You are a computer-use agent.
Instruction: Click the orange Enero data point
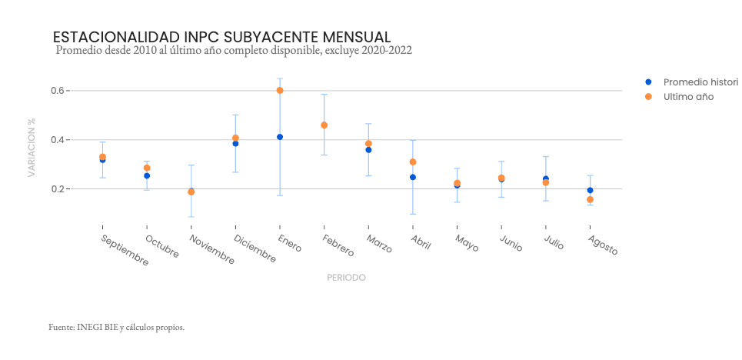280,91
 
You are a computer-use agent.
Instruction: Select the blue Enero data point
280,137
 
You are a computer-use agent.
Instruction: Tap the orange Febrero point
324,125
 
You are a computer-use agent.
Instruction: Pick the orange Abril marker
413,162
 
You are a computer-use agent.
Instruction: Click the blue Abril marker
413,177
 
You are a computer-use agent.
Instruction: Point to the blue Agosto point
590,191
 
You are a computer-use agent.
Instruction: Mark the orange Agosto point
590,199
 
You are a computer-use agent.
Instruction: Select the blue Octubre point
147,175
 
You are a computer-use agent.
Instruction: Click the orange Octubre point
147,168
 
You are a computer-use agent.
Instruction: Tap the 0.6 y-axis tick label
58,91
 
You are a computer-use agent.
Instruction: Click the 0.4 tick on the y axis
58,140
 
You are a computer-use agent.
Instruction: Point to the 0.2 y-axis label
58,189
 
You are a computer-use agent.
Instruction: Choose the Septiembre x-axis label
125,250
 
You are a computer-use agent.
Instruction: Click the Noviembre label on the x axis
211,250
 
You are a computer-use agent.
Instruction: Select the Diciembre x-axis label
255,248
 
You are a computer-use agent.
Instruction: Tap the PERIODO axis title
346,278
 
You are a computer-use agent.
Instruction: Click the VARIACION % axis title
32,148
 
